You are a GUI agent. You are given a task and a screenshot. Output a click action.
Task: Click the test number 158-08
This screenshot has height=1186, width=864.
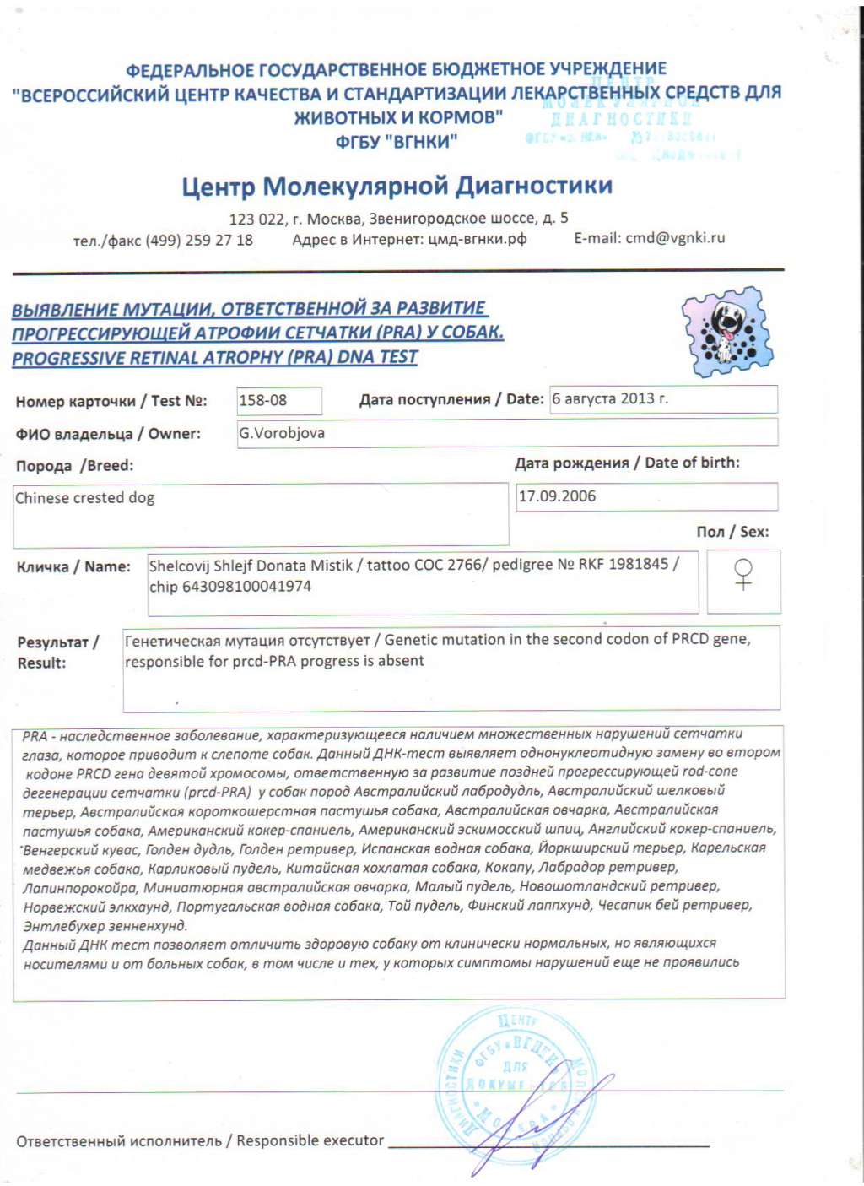coord(263,400)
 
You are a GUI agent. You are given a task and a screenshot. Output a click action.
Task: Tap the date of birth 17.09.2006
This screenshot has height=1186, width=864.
coord(557,496)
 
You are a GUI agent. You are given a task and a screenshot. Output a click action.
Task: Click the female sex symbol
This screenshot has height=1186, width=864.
coord(743,574)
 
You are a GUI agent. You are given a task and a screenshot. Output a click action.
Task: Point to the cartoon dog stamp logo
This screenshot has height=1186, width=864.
coord(727,332)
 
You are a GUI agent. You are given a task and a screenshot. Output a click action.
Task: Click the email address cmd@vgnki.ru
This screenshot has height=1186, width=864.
coord(675,238)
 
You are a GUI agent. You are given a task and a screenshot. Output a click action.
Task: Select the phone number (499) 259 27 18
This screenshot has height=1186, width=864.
coord(199,240)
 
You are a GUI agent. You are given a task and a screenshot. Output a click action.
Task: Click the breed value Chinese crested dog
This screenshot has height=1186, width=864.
coord(85,498)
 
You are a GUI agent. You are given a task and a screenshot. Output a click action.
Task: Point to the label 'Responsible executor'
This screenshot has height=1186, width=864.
coord(310,1140)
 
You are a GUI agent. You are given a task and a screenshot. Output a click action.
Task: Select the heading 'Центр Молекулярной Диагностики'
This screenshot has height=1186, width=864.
coord(397,186)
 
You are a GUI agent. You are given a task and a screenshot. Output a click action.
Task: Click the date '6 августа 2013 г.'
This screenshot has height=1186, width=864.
coord(610,398)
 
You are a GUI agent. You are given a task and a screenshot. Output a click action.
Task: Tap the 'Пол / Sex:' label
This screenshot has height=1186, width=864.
coord(732,532)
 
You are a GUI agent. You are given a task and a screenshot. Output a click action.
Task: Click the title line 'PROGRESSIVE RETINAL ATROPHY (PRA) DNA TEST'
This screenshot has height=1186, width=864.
coord(215,358)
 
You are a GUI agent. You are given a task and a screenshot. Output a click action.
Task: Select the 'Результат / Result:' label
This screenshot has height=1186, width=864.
coord(57,653)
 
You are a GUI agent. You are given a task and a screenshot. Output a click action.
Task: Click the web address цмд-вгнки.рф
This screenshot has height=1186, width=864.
coord(478,239)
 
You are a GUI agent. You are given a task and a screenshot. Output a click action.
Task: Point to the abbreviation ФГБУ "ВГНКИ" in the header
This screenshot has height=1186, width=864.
coord(397,141)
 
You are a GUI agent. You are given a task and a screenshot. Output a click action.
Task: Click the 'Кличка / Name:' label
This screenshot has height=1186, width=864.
coord(73,566)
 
